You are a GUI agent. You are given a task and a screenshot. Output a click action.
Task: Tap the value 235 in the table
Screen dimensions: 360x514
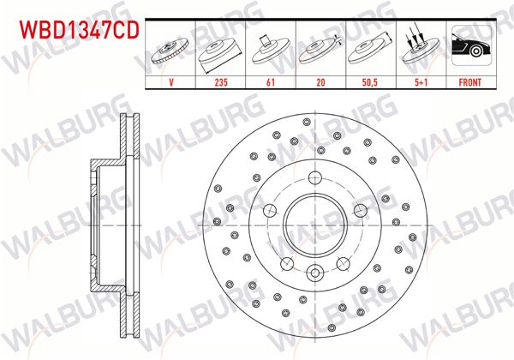223,83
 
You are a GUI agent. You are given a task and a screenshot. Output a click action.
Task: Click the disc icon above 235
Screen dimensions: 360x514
223,51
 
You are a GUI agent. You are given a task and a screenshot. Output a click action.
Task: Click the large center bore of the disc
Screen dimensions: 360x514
314,225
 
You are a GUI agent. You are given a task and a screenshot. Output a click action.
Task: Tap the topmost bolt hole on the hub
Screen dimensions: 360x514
314,178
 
